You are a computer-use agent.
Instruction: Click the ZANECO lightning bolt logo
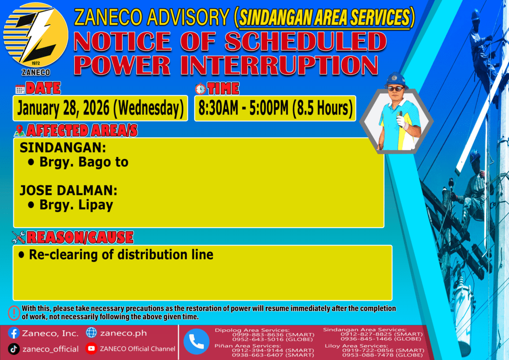[36, 35]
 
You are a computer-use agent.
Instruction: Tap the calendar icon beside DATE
[20, 89]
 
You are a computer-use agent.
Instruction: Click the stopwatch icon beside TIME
[200, 89]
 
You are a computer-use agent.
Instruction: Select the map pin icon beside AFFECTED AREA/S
[19, 130]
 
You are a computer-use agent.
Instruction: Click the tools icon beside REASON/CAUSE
[18, 237]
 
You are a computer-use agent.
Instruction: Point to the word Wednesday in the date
[149, 108]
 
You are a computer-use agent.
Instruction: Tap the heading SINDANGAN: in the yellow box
[63, 148]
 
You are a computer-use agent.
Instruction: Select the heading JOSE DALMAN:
[69, 190]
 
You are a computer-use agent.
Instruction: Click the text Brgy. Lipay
[76, 205]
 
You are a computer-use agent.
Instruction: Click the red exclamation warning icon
[14, 313]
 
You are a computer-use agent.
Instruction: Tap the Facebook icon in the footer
[13, 333]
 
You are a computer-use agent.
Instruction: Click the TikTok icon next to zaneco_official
[13, 349]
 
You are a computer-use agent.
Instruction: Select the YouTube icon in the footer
[91, 349]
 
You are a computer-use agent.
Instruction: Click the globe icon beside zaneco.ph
[91, 333]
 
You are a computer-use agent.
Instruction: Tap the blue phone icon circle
[196, 342]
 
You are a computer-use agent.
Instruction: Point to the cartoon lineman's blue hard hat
[396, 80]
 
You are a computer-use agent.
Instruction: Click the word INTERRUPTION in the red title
[279, 65]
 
